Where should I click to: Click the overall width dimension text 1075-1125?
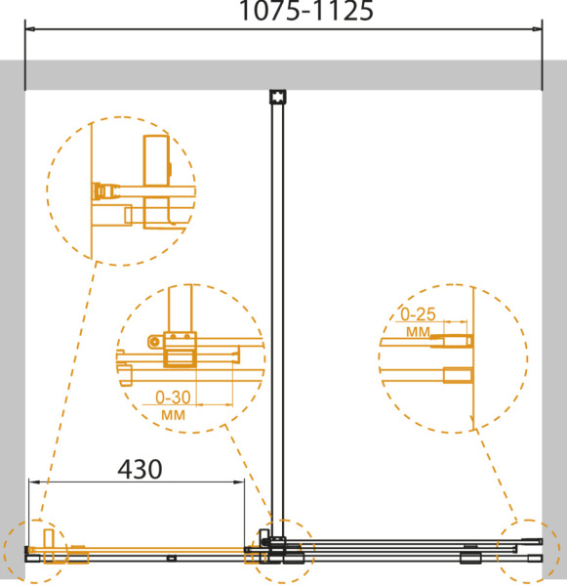coord(306,11)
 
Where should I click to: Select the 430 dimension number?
coord(141,470)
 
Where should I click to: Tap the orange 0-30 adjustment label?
coord(173,398)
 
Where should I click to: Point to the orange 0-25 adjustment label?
coord(418,314)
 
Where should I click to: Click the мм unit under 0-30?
coord(173,415)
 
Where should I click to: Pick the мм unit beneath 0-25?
coord(418,331)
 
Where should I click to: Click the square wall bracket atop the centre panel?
coord(277,97)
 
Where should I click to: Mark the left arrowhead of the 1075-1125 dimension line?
coord(30,28)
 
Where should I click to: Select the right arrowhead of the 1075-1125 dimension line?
coord(538,28)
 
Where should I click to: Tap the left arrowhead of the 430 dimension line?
coord(34,482)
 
